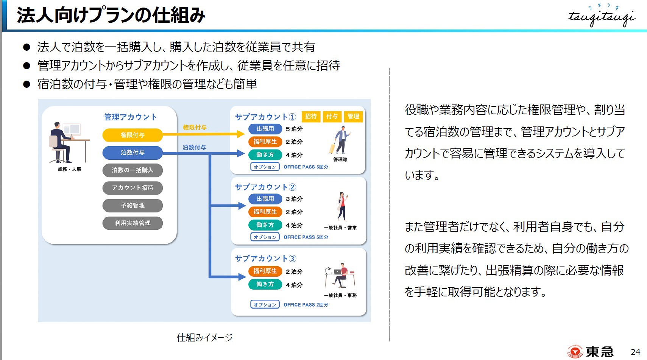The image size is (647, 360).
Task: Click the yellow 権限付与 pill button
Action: point(132,135)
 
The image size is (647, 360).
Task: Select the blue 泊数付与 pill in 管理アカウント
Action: point(132,153)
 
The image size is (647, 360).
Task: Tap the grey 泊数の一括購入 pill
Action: point(132,170)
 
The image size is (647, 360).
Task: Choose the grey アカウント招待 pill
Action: point(132,188)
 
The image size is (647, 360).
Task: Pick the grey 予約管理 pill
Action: point(132,206)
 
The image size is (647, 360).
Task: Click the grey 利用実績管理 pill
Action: point(132,223)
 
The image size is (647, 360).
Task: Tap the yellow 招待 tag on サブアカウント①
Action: point(311,117)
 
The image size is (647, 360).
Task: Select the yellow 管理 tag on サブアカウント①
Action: point(353,117)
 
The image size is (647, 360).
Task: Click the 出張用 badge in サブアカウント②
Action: point(265,199)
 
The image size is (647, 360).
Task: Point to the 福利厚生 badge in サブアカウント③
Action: point(265,271)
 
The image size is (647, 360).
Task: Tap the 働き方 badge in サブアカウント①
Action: point(265,155)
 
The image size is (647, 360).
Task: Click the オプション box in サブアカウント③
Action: point(265,305)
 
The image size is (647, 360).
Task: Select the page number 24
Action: point(635,352)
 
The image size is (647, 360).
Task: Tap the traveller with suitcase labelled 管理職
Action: point(340,140)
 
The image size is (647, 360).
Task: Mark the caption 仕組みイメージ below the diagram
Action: point(204,337)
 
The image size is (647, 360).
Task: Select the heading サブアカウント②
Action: point(265,187)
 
